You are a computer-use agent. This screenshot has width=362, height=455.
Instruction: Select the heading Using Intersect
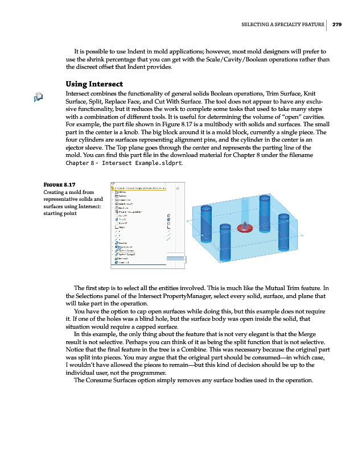click(x=94, y=84)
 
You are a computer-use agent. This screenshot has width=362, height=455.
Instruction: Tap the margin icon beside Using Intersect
click(x=38, y=97)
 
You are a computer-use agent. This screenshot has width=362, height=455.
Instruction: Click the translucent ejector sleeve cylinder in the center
click(x=244, y=210)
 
